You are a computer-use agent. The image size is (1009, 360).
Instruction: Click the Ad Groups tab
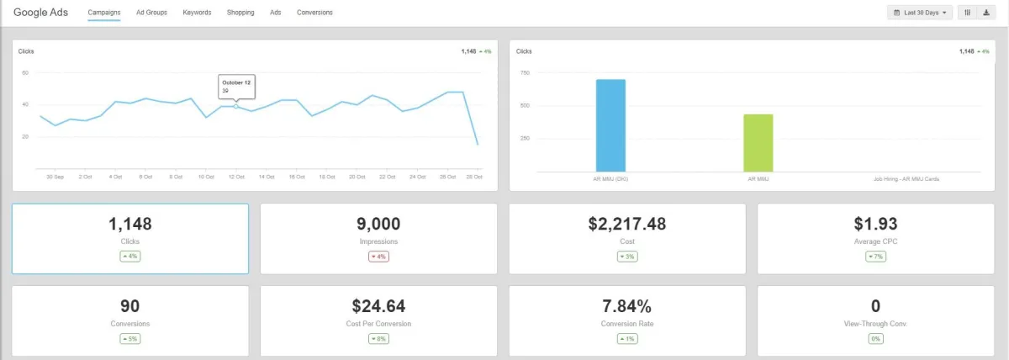[151, 13]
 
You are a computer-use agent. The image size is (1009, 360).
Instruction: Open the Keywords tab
[197, 13]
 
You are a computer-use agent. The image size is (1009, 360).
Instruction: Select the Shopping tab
[240, 13]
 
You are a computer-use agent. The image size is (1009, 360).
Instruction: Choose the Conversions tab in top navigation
[314, 13]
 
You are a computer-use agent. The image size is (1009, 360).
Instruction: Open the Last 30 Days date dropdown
[921, 13]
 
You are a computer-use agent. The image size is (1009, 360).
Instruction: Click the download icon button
[985, 13]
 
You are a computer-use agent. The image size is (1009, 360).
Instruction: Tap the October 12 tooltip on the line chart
[235, 86]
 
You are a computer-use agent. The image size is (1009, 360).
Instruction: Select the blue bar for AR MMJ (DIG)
[610, 125]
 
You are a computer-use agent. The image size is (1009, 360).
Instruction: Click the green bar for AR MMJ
[758, 143]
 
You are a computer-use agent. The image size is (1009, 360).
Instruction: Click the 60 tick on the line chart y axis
[25, 73]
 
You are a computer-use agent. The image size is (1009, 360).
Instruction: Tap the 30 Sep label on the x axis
[55, 177]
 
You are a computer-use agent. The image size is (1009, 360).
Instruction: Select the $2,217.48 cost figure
[626, 224]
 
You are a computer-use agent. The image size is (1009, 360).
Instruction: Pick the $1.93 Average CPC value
[875, 224]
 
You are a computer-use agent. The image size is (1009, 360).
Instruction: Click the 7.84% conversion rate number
[626, 305]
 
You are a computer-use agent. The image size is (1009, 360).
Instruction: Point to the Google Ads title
[40, 13]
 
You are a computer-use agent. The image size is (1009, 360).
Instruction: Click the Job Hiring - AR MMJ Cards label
[906, 178]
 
